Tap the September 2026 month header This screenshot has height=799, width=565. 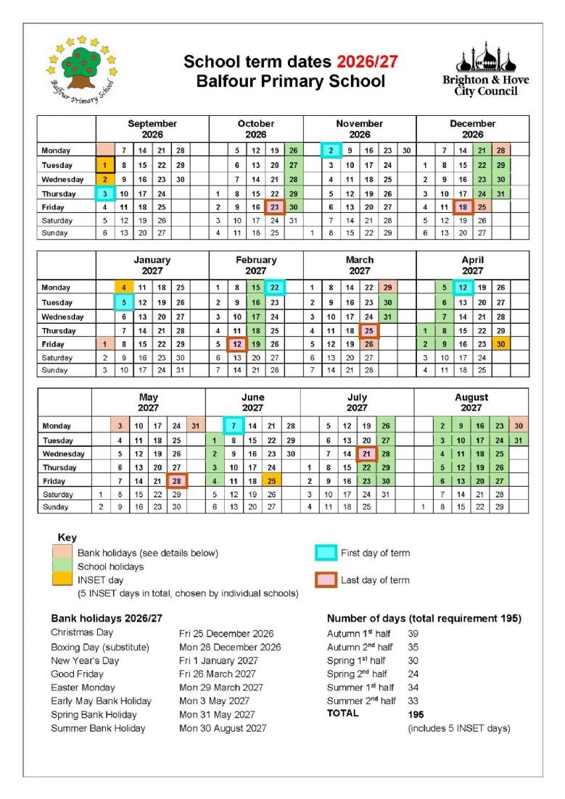click(152, 129)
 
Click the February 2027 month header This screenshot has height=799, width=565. click(255, 265)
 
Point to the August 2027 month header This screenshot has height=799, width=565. click(471, 402)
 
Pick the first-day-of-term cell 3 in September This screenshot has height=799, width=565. click(104, 193)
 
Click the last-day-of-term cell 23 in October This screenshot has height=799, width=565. click(274, 206)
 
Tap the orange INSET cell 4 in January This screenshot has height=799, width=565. click(124, 288)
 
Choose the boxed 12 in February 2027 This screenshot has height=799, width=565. click(236, 343)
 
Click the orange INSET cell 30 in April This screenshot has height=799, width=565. click(500, 343)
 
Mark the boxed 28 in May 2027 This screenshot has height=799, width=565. click(177, 481)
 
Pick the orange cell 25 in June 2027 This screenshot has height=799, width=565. click(271, 481)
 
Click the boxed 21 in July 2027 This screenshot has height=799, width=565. click(367, 453)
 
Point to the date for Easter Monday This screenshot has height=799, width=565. click(221, 687)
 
